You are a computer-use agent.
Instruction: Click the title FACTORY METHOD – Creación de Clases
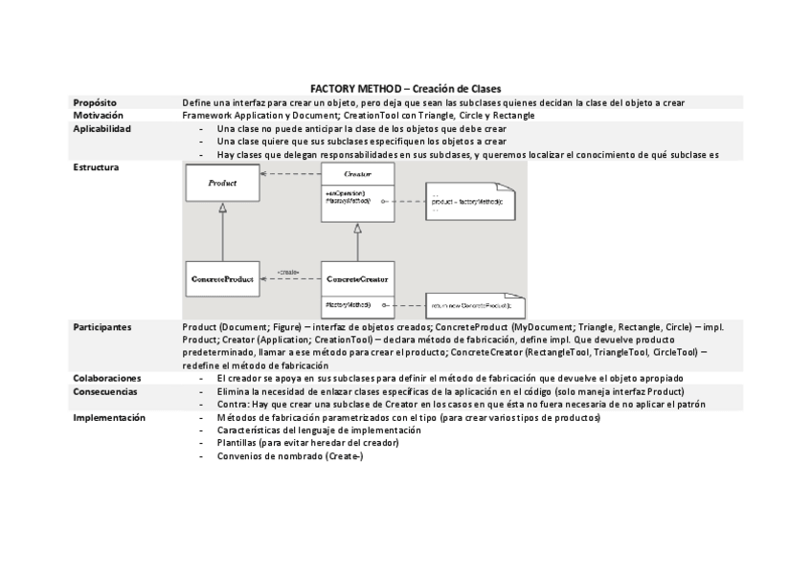(x=406, y=88)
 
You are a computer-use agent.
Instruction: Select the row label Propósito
(x=95, y=101)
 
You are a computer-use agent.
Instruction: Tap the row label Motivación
(x=98, y=115)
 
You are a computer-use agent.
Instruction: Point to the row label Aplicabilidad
(x=101, y=128)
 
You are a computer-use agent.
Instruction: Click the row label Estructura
(x=96, y=166)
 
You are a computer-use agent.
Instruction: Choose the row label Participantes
(x=102, y=326)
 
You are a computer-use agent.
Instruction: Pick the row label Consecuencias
(x=105, y=391)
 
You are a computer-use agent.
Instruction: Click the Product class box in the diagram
(x=222, y=182)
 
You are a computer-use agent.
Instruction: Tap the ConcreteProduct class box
(x=222, y=279)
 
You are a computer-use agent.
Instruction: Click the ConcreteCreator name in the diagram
(x=357, y=279)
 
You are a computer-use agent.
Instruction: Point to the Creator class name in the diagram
(x=357, y=175)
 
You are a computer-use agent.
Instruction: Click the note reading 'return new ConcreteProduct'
(x=475, y=305)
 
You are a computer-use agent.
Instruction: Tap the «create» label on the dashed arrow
(x=288, y=272)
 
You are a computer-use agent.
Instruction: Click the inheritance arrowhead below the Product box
(x=222, y=207)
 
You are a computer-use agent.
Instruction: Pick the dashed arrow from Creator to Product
(x=290, y=174)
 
